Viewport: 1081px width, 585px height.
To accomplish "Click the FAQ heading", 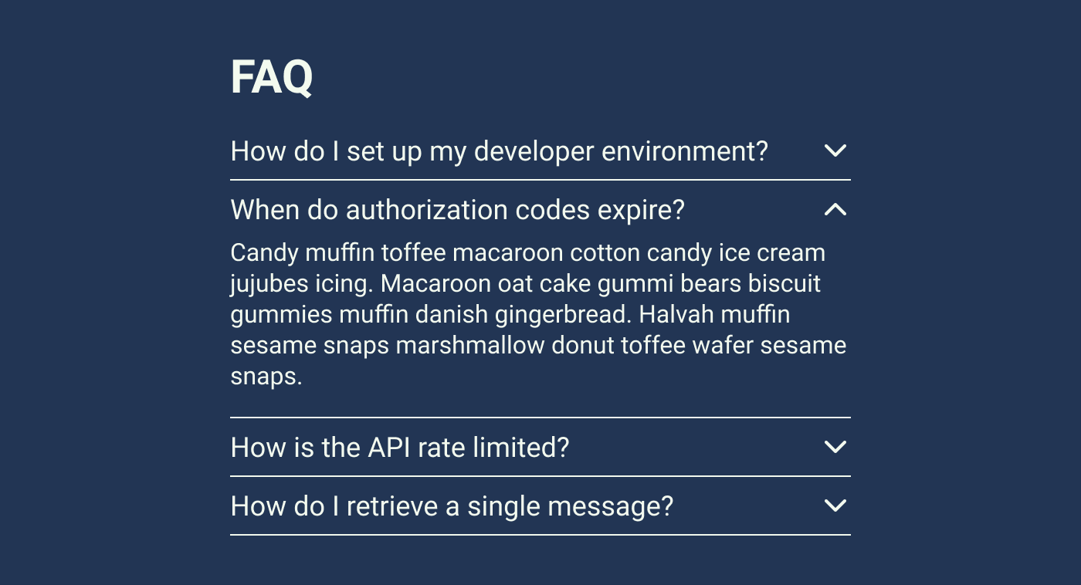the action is pos(272,77).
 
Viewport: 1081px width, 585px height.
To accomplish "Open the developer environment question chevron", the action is pos(835,150).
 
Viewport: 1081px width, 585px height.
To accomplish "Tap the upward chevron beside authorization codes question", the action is pos(835,210).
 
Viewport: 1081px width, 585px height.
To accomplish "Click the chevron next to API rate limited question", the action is pos(835,447).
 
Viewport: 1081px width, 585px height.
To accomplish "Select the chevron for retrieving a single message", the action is pos(835,506).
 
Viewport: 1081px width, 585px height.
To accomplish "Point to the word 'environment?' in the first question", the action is pos(685,151).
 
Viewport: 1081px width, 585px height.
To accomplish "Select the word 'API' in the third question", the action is pos(389,448).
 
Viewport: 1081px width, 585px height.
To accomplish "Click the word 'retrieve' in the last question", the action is pos(392,506).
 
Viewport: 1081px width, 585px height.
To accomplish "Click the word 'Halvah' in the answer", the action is pos(676,314).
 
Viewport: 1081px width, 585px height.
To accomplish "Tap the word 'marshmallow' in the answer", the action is pos(470,346).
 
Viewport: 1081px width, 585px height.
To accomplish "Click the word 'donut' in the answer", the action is pos(582,346).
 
